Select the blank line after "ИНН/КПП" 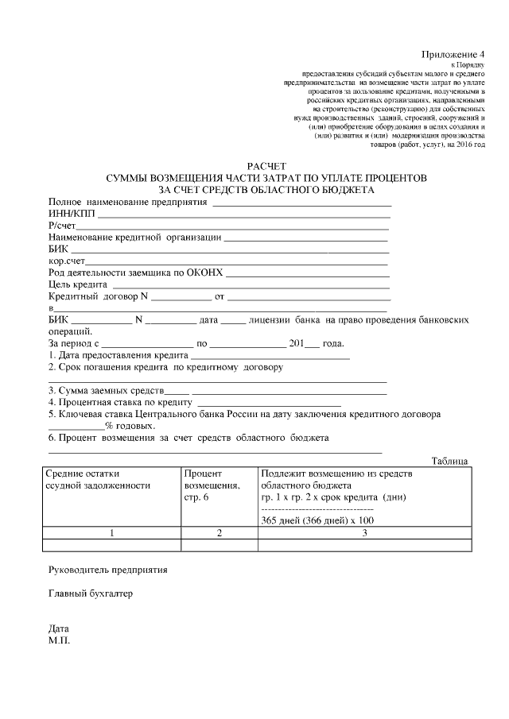244,215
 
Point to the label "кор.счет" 66,260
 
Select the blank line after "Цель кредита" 251,284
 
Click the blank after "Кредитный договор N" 181,298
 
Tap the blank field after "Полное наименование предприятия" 301,203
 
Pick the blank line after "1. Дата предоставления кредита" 270,357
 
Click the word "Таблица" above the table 450,461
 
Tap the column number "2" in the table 219,533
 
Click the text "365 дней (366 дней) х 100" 317,520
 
